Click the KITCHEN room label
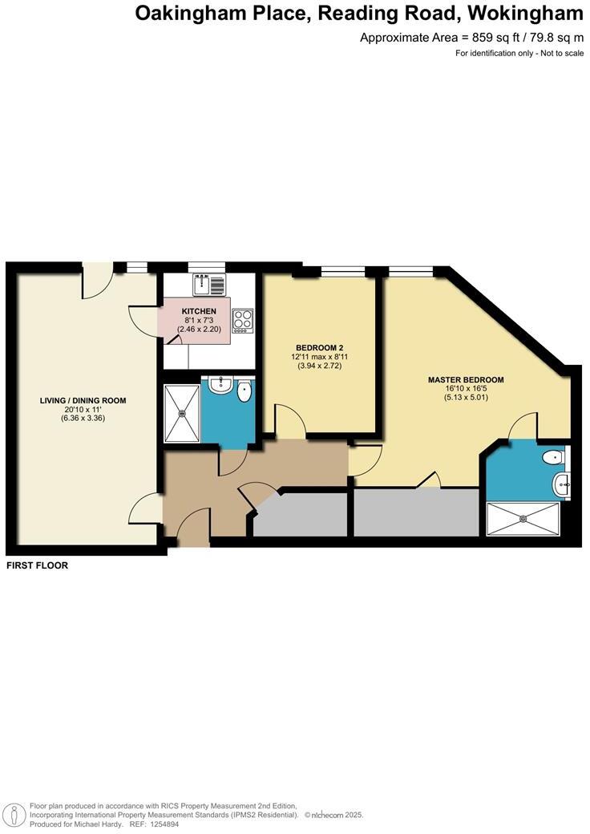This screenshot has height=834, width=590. click(199, 310)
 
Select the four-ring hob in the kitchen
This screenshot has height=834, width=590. click(242, 320)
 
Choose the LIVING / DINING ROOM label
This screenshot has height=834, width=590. click(83, 400)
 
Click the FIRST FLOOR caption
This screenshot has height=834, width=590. click(37, 565)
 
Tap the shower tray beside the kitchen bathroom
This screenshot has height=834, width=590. click(182, 413)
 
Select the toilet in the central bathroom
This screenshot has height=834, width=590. click(244, 391)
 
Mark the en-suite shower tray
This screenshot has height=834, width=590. click(525, 518)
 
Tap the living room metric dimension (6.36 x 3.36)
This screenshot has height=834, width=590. click(83, 418)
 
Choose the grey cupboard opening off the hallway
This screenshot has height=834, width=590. click(300, 514)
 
